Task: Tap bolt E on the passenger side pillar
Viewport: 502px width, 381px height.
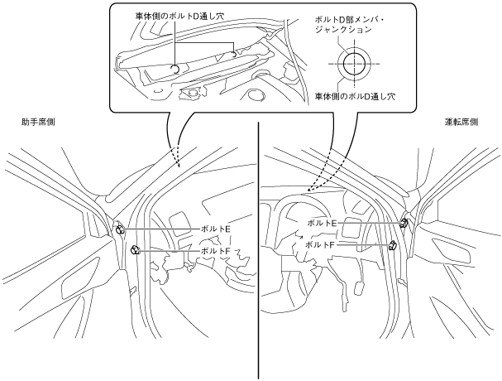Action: tap(121, 229)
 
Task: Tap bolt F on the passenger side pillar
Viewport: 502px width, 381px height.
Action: tap(135, 250)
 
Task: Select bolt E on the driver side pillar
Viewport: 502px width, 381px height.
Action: tap(404, 223)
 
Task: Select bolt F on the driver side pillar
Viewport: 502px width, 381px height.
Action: tap(394, 245)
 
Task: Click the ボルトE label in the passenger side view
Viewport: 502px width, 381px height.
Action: tap(214, 229)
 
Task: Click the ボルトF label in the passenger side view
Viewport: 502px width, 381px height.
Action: tap(214, 250)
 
